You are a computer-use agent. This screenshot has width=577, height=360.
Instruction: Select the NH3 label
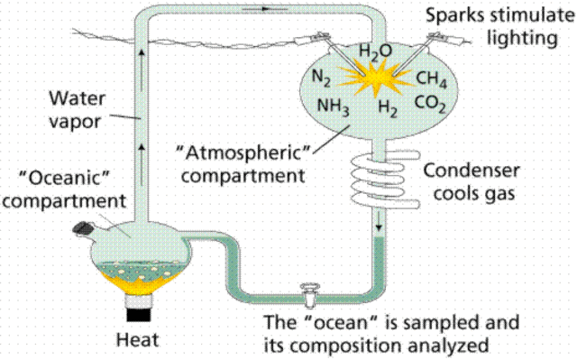[333, 106]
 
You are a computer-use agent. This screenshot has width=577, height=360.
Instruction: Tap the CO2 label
[429, 106]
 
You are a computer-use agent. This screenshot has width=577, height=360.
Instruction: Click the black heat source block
[140, 314]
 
